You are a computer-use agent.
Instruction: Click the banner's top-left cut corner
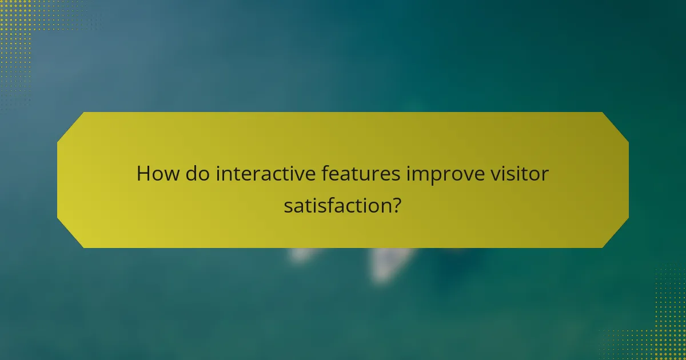click(x=70, y=125)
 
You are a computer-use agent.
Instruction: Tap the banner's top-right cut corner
click(x=616, y=125)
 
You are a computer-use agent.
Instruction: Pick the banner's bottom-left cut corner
click(x=70, y=235)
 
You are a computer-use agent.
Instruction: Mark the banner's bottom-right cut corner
click(x=616, y=235)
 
